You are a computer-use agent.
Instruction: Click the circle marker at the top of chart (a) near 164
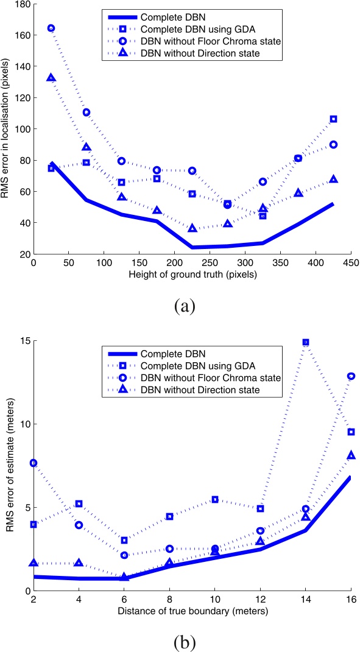click(51, 28)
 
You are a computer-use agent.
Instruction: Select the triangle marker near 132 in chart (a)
click(51, 78)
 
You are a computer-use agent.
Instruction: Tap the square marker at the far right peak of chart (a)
click(333, 119)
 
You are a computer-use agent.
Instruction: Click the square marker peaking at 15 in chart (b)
click(306, 342)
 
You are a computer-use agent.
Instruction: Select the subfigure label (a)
click(183, 305)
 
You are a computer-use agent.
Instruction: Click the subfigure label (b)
click(183, 640)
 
